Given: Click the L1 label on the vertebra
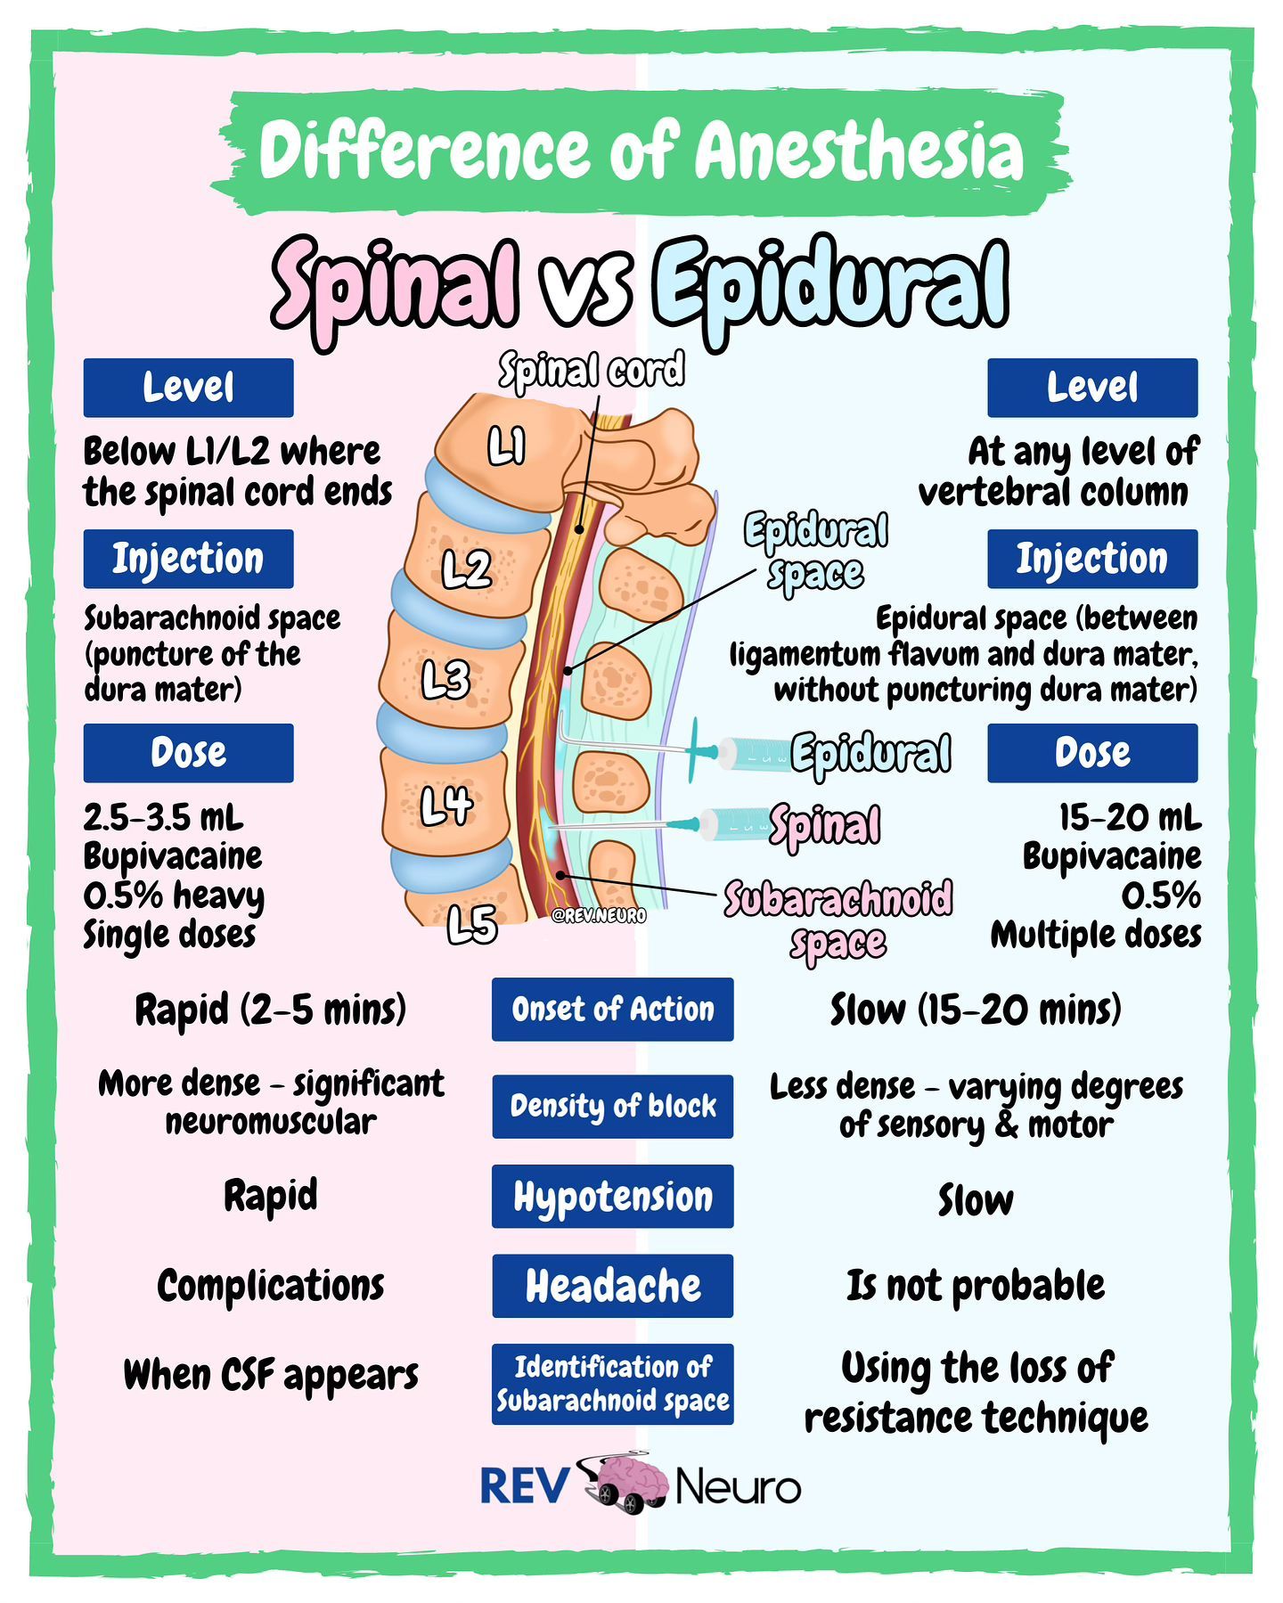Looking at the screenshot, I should pyautogui.click(x=506, y=446).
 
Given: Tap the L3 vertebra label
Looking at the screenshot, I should pyautogui.click(x=445, y=682).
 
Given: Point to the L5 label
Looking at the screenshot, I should pyautogui.click(x=471, y=924).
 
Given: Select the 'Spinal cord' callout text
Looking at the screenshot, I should pyautogui.click(x=592, y=370).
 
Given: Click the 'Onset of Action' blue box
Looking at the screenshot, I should pyautogui.click(x=612, y=1010).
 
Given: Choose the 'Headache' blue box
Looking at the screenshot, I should pyautogui.click(x=612, y=1286).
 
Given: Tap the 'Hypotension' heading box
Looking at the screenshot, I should pyautogui.click(x=612, y=1197).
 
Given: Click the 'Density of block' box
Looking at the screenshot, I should pyautogui.click(x=612, y=1106).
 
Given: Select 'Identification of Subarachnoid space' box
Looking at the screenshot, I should pyautogui.click(x=612, y=1384).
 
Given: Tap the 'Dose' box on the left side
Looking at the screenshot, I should pyautogui.click(x=188, y=753).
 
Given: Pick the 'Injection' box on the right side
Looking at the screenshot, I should pyautogui.click(x=1091, y=559).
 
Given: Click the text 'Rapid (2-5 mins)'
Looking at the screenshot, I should pyautogui.click(x=270, y=1010).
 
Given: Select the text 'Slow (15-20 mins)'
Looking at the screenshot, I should pyautogui.click(x=976, y=1010).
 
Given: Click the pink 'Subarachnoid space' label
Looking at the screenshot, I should pyautogui.click(x=838, y=920).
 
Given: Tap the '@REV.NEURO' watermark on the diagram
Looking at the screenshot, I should pyautogui.click(x=599, y=915).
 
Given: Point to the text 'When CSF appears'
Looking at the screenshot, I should pyautogui.click(x=270, y=1375).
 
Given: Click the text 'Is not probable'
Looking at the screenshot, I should pyautogui.click(x=976, y=1286).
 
